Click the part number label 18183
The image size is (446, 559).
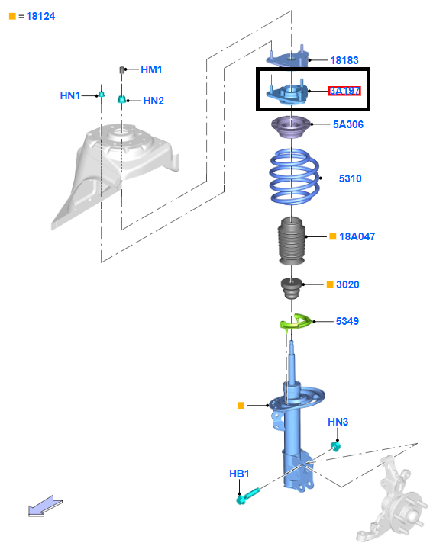point(344,60)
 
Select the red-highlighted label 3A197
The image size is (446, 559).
point(344,91)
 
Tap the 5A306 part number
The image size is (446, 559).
point(348,124)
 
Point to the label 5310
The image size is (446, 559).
point(351,178)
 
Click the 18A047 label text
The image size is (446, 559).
point(357,236)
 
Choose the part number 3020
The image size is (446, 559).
point(347,284)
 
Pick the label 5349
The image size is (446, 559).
point(347,321)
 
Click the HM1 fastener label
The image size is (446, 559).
point(151,69)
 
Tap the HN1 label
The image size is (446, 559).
point(70,95)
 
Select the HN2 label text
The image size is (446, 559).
point(154,101)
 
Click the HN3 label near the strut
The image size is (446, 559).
point(338,422)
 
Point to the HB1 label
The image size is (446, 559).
point(239,474)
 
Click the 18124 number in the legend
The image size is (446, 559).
point(40,17)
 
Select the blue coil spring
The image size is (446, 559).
point(294,177)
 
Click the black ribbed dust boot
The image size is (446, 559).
point(292,241)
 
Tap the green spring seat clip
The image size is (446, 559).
point(296,322)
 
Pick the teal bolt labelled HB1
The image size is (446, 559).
point(247,496)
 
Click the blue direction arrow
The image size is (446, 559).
point(44,506)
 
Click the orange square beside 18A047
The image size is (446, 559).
point(333,236)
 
